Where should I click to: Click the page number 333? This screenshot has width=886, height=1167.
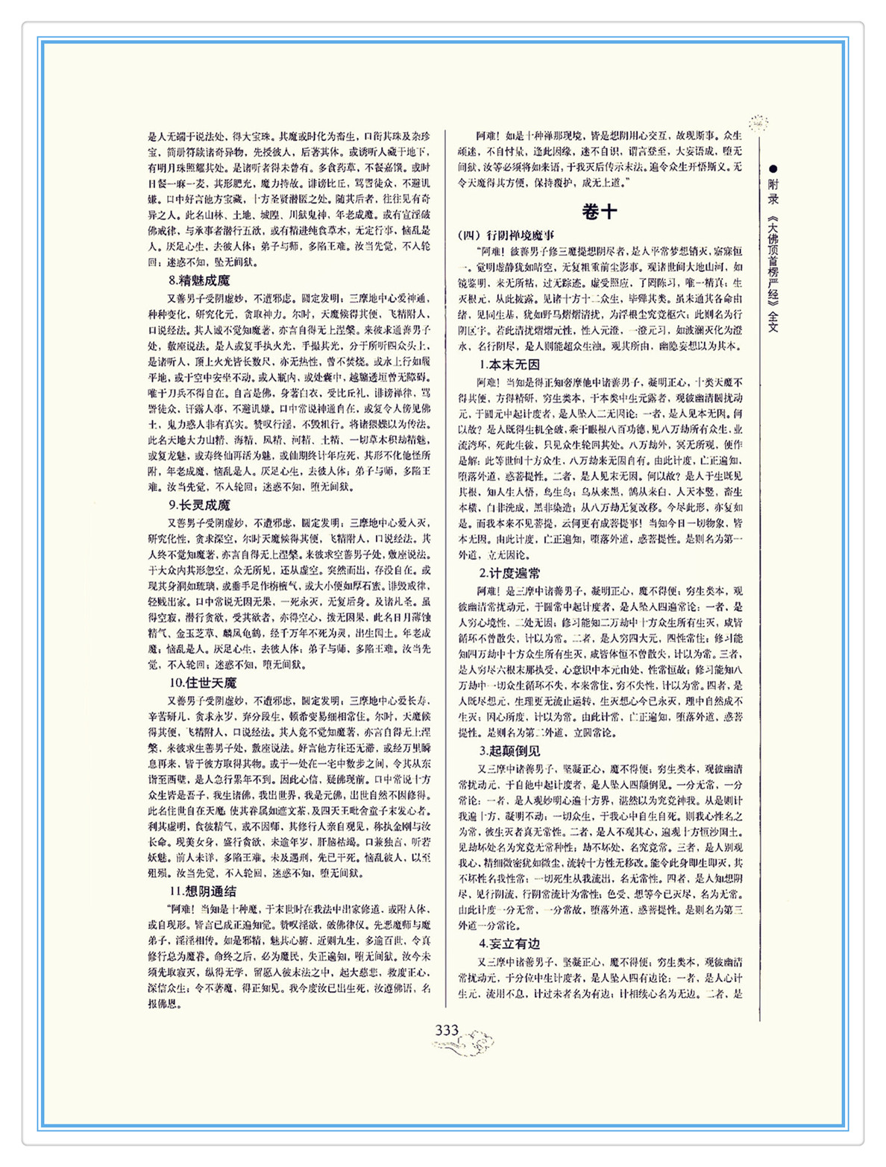pyautogui.click(x=447, y=1031)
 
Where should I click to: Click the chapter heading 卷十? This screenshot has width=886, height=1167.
pyautogui.click(x=600, y=212)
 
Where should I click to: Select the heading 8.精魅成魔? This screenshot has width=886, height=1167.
pyautogui.click(x=199, y=281)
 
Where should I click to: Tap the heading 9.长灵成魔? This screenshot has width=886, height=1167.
pyautogui.click(x=199, y=505)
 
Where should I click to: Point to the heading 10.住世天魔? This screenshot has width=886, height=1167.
pyautogui.click(x=202, y=683)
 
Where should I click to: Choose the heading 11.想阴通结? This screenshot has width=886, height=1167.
pyautogui.click(x=202, y=891)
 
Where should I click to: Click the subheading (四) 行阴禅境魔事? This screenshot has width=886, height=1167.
pyautogui.click(x=506, y=235)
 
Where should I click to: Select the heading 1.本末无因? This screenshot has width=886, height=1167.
pyautogui.click(x=509, y=365)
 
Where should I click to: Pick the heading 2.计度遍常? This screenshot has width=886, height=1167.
pyautogui.click(x=509, y=573)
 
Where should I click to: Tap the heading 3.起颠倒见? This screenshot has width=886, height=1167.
pyautogui.click(x=509, y=751)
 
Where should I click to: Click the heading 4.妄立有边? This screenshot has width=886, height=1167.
pyautogui.click(x=509, y=944)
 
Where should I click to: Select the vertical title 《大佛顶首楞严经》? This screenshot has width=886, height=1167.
pyautogui.click(x=773, y=262)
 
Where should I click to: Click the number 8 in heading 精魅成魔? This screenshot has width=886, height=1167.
pyautogui.click(x=172, y=281)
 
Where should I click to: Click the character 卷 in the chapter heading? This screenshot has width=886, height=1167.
pyautogui.click(x=591, y=212)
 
